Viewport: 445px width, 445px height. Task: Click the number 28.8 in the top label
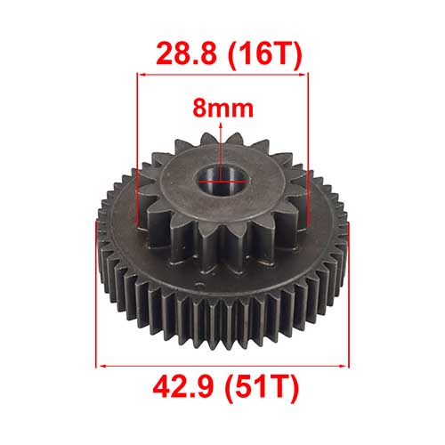point(186,54)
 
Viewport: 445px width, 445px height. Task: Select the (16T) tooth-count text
point(265,54)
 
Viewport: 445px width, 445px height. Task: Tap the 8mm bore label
point(222,109)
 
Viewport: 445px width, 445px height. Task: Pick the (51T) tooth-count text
point(262,387)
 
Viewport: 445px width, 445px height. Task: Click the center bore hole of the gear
point(222,181)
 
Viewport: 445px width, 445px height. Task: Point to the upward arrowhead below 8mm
point(221,125)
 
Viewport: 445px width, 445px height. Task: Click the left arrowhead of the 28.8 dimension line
point(142,75)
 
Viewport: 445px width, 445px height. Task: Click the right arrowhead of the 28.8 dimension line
point(303,75)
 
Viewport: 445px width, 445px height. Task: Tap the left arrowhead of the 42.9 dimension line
point(101,366)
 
